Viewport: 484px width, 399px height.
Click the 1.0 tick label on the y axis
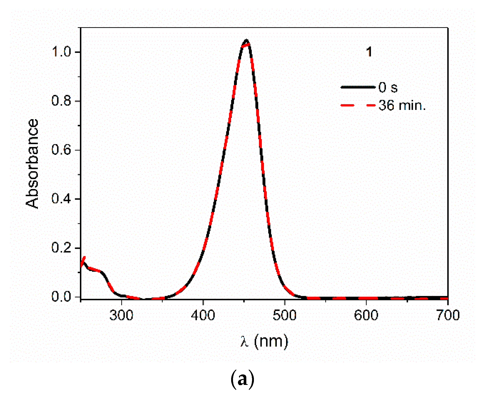61,52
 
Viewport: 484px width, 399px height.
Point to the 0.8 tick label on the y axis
61,101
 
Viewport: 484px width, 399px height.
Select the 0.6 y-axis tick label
61,150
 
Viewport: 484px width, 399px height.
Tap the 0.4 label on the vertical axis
61,199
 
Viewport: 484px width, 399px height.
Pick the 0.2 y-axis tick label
61,248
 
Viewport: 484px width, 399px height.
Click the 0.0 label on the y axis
61,297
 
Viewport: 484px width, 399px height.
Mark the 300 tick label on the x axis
121,315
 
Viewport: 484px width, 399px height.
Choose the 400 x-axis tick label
203,315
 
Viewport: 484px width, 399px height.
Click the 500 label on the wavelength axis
284,315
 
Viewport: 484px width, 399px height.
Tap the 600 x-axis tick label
366,315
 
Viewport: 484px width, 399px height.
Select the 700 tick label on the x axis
448,315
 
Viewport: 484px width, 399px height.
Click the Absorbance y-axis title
32,164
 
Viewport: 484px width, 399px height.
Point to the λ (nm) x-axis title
264,341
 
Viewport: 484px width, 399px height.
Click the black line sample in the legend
358,87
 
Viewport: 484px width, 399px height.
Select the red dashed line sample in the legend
358,105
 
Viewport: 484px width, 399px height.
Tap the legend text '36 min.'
402,105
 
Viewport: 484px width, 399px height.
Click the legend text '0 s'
388,87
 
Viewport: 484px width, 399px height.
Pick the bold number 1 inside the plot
369,52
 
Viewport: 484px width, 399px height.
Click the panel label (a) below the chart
242,380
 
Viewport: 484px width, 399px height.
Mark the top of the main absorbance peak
246,40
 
